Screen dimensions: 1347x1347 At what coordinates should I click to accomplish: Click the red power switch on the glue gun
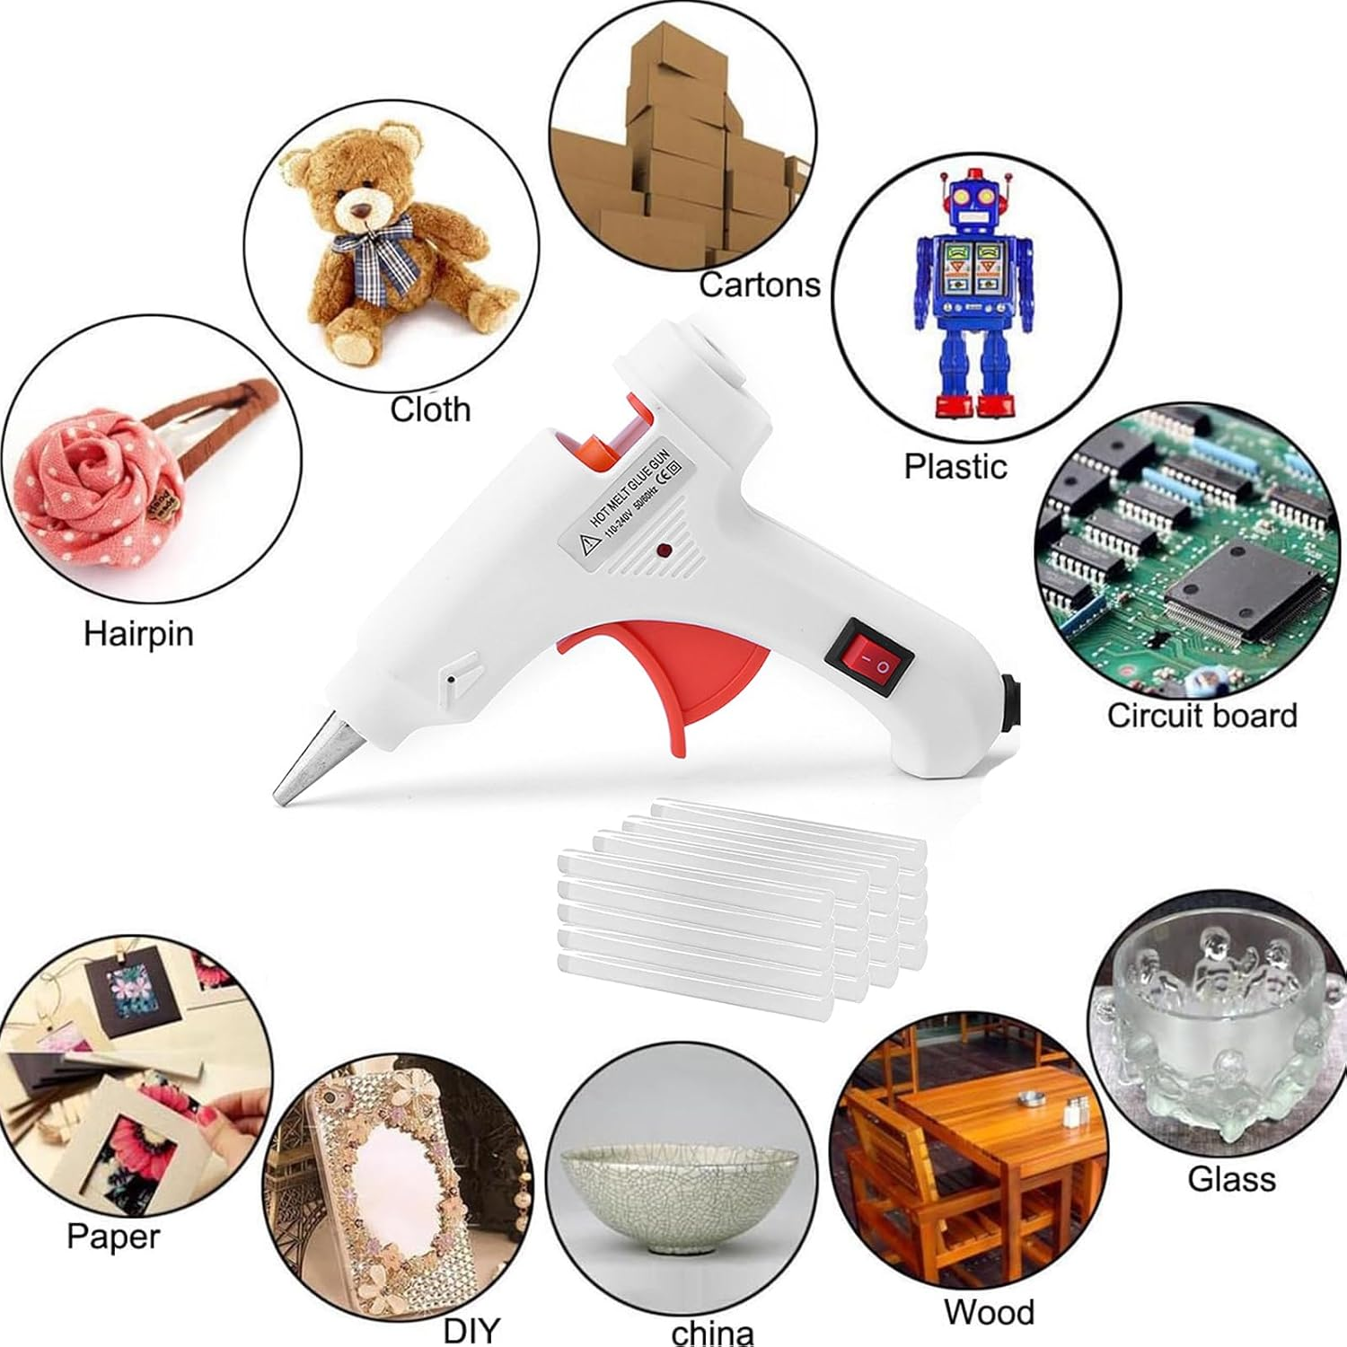coord(868,661)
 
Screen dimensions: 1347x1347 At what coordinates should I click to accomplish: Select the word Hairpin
coord(138,633)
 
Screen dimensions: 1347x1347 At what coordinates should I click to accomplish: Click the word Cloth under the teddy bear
coord(430,409)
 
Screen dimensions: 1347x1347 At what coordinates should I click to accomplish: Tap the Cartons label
coord(760,285)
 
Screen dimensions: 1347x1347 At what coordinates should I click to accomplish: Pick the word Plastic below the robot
coord(955,466)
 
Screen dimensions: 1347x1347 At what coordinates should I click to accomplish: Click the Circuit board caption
coord(1202,715)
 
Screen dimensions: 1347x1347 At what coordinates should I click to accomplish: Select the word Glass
coord(1231,1178)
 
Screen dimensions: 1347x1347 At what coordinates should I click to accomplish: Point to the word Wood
coord(989,1312)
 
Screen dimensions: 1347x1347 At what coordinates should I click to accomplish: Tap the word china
coord(712,1332)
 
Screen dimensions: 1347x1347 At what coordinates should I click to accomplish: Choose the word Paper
coord(113,1236)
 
